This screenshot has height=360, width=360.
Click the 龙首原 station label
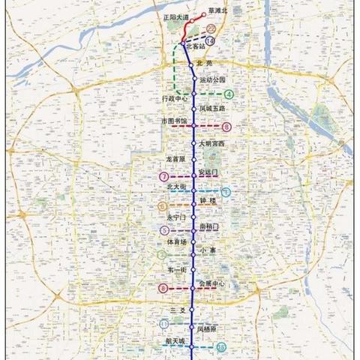pos(175,158)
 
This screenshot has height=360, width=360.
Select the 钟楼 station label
pos(208,202)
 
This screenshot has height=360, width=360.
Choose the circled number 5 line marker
pos(163,230)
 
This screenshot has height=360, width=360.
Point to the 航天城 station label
pos(175,340)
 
